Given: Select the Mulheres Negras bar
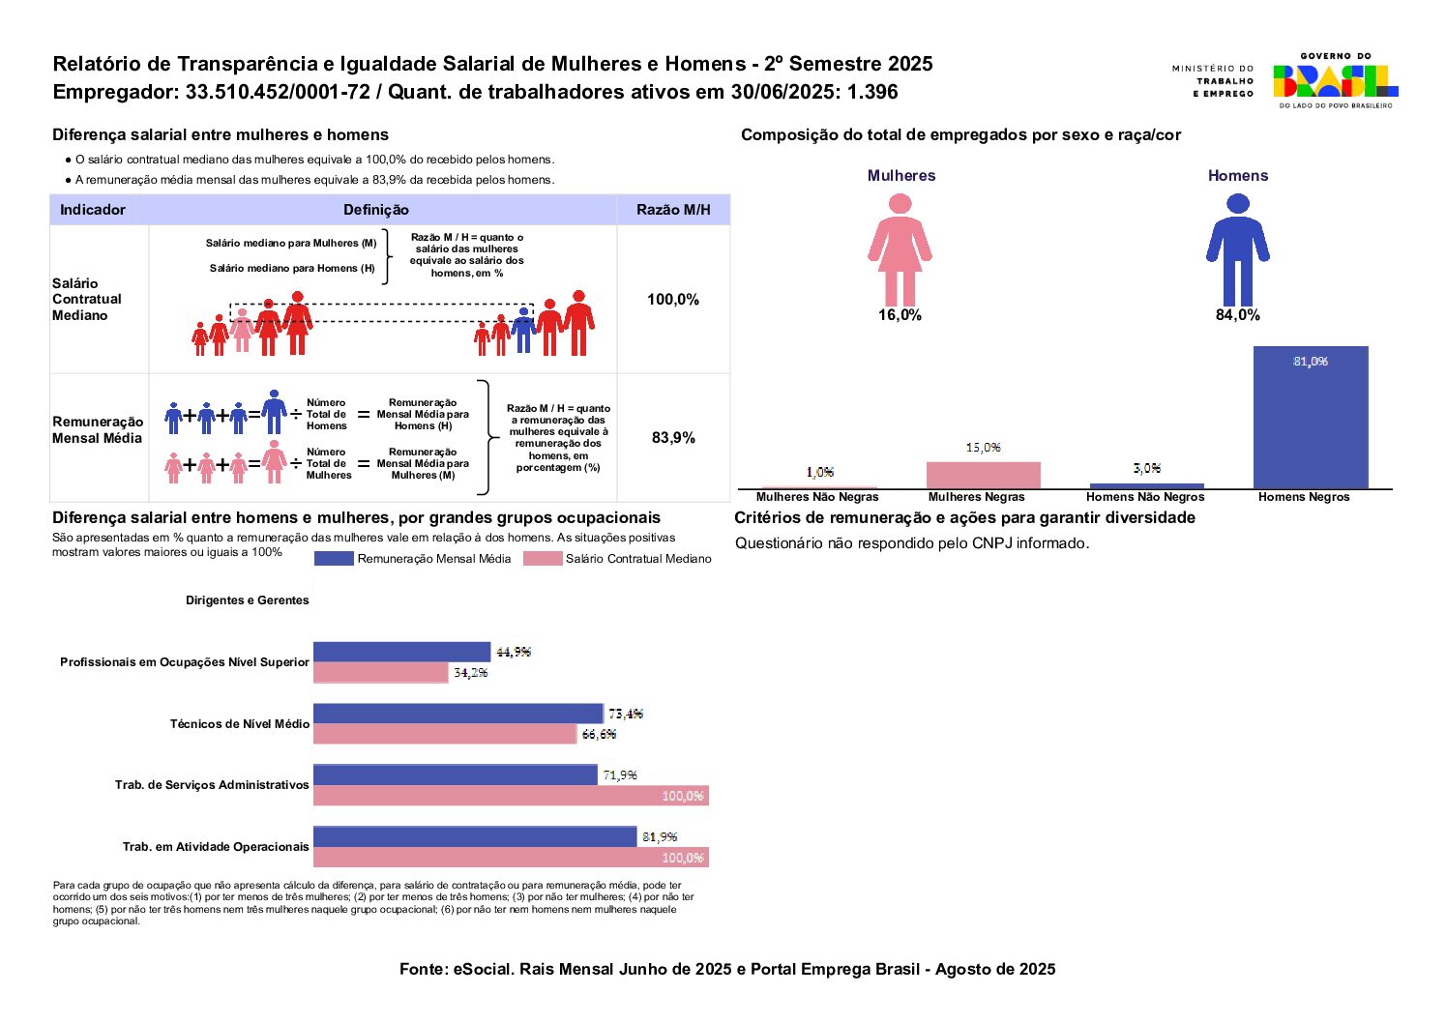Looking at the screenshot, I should (983, 475).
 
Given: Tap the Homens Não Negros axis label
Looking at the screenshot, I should (1145, 497).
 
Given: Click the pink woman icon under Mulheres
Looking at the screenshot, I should (900, 249).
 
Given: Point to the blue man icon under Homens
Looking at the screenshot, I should (1237, 249).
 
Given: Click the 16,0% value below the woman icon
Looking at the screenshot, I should (900, 315).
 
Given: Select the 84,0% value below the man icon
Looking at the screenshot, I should (1237, 315).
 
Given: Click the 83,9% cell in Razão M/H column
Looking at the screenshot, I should (673, 438).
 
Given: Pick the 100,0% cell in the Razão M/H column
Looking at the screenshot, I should (673, 300).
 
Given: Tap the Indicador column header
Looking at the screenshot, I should (93, 210).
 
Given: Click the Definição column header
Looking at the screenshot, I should (376, 210).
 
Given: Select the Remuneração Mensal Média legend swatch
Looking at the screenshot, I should (334, 559).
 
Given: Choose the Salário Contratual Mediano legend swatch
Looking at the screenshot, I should (542, 559).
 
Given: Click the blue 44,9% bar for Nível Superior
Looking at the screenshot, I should (401, 652).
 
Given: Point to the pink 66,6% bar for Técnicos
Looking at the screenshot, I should (445, 734).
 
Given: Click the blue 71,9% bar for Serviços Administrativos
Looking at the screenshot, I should (456, 775).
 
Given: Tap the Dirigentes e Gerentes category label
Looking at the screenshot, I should (248, 600).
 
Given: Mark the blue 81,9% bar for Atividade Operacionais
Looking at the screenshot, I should (475, 836).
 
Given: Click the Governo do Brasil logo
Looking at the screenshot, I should (1335, 81).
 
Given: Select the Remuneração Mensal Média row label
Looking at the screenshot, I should (98, 430).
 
